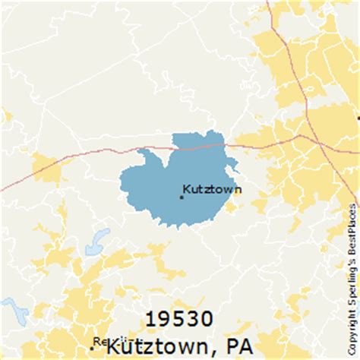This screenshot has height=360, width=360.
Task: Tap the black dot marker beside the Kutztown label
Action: pos(181,197)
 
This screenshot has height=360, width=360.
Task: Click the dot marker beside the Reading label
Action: pos(93,348)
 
